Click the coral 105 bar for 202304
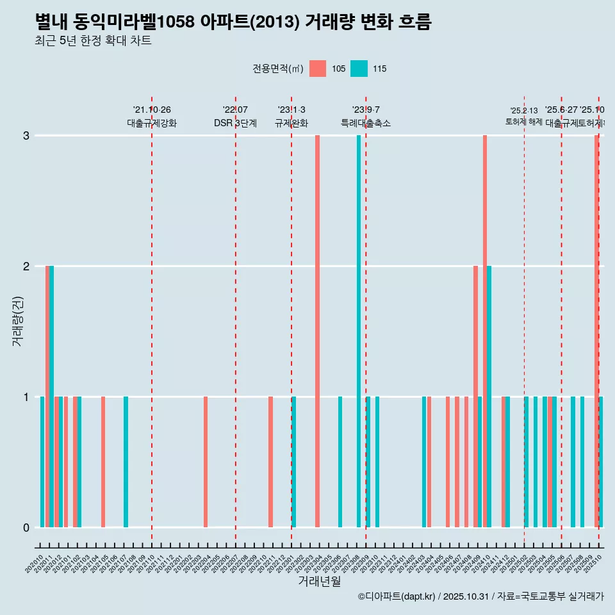coord(317,331)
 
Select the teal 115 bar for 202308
coord(359,331)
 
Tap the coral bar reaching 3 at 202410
coord(485,331)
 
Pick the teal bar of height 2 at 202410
coord(489,397)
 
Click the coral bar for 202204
coord(206,462)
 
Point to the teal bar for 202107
coord(126,462)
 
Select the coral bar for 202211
coord(270,462)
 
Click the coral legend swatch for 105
coord(317,69)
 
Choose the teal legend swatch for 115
coord(359,69)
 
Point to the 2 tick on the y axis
coord(26,266)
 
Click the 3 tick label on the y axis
coord(26,136)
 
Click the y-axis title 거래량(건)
coord(18,320)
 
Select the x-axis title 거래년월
coord(319,581)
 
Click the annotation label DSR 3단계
coord(235,123)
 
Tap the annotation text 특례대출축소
coord(365,123)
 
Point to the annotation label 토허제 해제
coord(523,122)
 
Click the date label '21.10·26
coord(152,110)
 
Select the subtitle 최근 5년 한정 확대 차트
coord(93,41)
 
